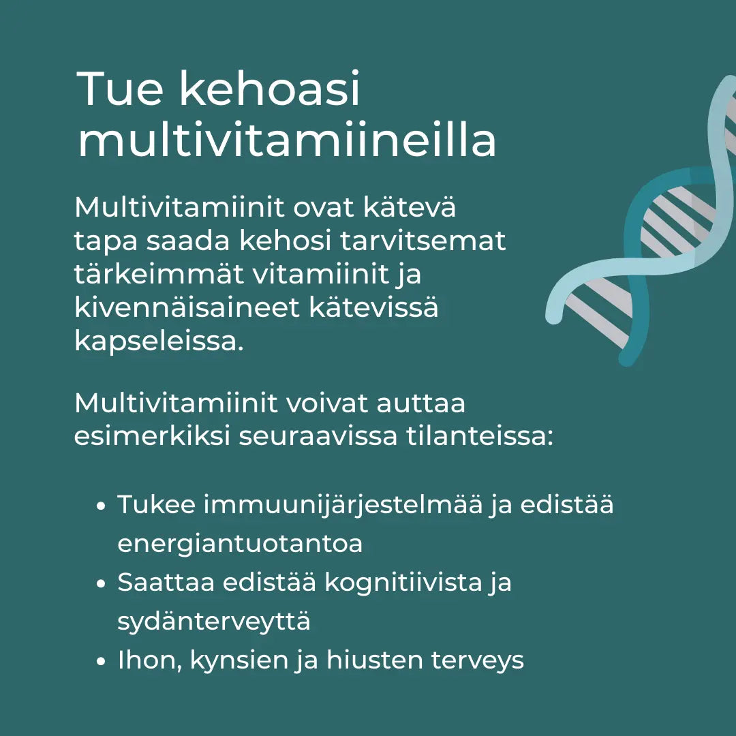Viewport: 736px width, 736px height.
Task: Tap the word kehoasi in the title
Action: (x=269, y=89)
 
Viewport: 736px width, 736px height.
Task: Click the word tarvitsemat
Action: (x=423, y=241)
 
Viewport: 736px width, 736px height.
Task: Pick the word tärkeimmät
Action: (x=158, y=274)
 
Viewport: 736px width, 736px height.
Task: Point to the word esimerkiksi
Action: (x=151, y=436)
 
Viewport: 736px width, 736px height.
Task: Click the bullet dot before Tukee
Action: (x=101, y=507)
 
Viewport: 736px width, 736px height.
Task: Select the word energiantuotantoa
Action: (x=240, y=544)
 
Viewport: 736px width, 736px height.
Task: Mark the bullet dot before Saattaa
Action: (x=101, y=585)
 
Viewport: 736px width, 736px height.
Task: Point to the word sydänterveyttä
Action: (x=214, y=622)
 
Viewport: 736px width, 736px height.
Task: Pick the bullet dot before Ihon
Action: (x=101, y=662)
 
